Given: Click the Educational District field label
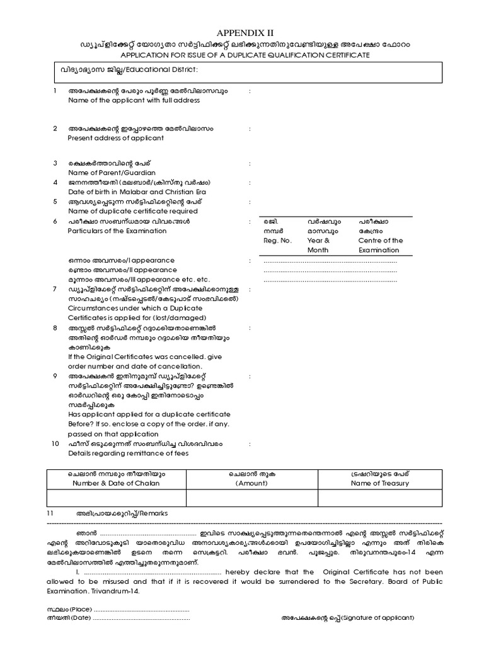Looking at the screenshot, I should coord(163,69).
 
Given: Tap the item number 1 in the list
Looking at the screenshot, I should coord(55,91).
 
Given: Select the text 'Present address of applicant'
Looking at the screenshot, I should coord(115,138).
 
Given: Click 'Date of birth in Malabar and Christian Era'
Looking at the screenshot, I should coord(137,191).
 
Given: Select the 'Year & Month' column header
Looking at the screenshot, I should coord(319,245).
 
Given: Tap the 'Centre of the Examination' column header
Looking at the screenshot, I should coord(381,245).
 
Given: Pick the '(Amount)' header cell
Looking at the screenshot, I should coord(251,483).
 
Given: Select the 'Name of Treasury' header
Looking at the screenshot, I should coord(380,483).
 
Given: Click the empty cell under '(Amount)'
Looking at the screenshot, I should coord(251,498).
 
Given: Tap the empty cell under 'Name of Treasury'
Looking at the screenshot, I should coord(380,498).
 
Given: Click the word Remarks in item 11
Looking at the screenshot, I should coord(153,513).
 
